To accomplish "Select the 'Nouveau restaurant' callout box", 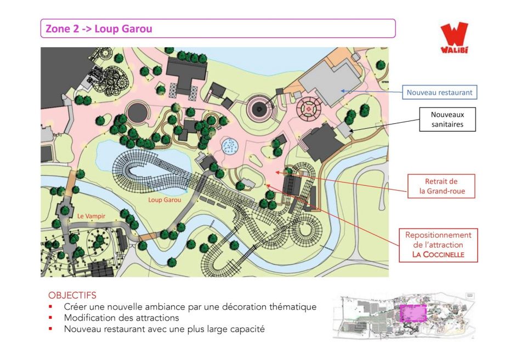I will tap(439, 93).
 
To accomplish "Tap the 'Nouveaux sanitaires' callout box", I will tap(447, 119).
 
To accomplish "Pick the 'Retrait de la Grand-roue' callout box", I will tap(441, 186).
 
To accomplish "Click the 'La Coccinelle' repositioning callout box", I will tap(438, 245).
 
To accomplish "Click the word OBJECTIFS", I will tap(72, 295).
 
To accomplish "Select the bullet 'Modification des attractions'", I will tap(121, 317).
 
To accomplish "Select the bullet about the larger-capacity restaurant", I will tap(164, 329).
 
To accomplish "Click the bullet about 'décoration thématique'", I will tap(190, 306).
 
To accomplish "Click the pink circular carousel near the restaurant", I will tap(308, 110).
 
